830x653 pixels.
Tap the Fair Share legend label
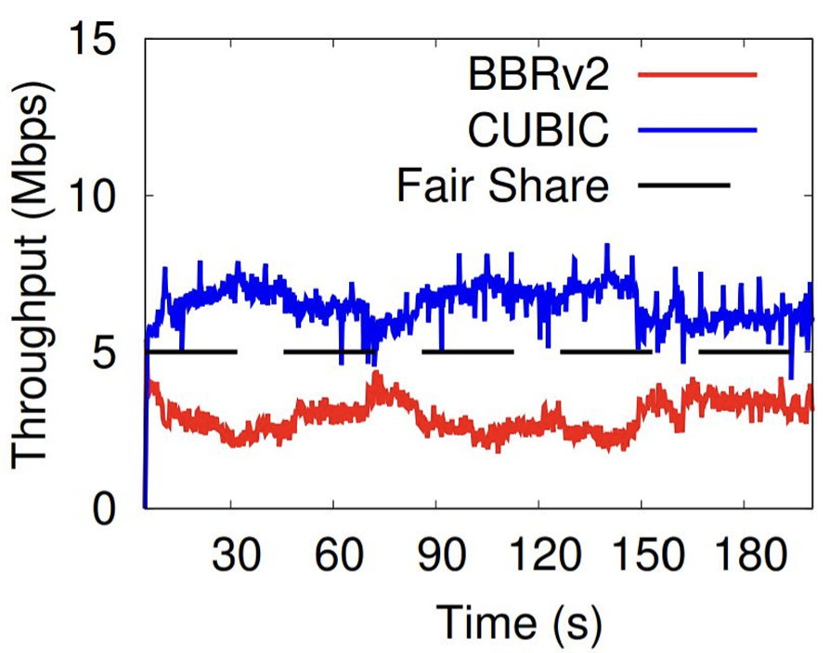click(502, 186)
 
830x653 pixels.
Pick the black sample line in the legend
click(685, 186)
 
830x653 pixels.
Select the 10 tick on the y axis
click(99, 196)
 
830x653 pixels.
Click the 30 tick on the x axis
click(236, 558)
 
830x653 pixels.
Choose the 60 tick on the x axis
click(338, 558)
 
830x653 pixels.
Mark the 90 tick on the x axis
click(440, 558)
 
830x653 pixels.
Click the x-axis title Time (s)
click(518, 621)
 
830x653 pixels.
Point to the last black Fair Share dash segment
click(744, 352)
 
